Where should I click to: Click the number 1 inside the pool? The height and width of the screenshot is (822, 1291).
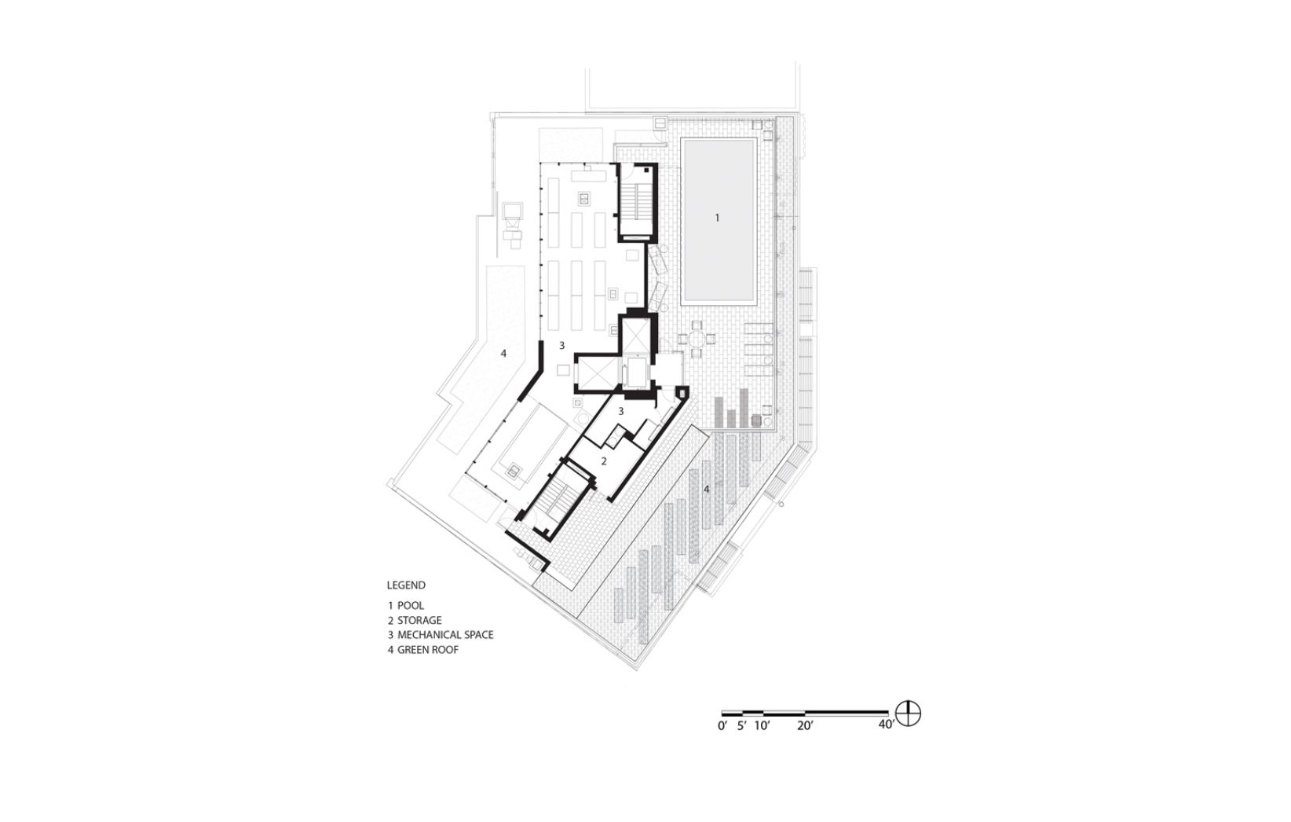click(717, 218)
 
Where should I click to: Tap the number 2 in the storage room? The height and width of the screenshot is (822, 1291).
click(604, 461)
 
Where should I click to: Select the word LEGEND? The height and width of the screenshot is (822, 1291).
click(406, 585)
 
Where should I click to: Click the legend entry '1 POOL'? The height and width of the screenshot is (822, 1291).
click(406, 606)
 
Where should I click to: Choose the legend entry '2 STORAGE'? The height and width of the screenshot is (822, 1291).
click(415, 621)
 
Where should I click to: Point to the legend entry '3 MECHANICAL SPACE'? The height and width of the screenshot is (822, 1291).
click(441, 635)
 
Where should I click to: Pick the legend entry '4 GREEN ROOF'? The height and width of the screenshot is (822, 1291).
click(423, 650)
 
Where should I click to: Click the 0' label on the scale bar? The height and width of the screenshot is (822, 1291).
click(722, 726)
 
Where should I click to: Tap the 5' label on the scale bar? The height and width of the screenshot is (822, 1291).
click(742, 726)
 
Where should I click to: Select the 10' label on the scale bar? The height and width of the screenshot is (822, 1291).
click(762, 726)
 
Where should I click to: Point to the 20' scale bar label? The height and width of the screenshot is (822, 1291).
click(805, 726)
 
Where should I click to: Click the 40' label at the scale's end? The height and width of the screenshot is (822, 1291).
click(887, 725)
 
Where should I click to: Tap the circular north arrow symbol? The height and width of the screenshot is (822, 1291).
click(909, 714)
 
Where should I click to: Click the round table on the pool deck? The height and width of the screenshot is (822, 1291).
click(697, 339)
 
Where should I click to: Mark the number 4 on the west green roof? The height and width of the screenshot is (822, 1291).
click(503, 354)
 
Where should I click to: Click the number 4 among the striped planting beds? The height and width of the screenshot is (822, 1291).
click(706, 490)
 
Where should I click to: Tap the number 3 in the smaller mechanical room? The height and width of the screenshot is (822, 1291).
click(620, 411)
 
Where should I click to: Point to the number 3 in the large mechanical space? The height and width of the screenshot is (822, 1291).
click(562, 346)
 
